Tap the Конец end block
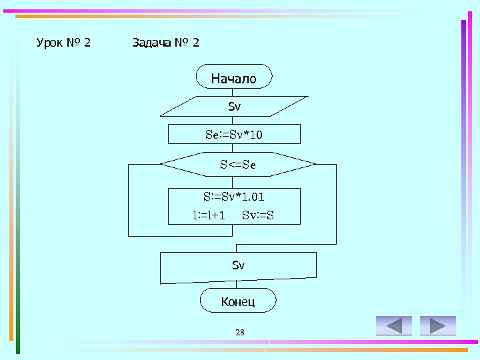[238, 301]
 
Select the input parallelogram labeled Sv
[234, 106]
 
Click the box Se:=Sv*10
[234, 134]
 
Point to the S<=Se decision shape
[238, 163]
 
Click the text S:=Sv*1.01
[238, 197]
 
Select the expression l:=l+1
[209, 215]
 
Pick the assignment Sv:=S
[258, 215]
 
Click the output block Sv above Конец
[238, 266]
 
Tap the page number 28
[240, 332]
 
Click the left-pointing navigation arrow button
[394, 326]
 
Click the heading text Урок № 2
[63, 43]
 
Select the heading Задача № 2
[165, 43]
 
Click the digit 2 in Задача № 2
[195, 43]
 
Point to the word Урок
[50, 43]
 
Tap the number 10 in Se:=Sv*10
[257, 135]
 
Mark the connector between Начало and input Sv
[235, 92]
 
